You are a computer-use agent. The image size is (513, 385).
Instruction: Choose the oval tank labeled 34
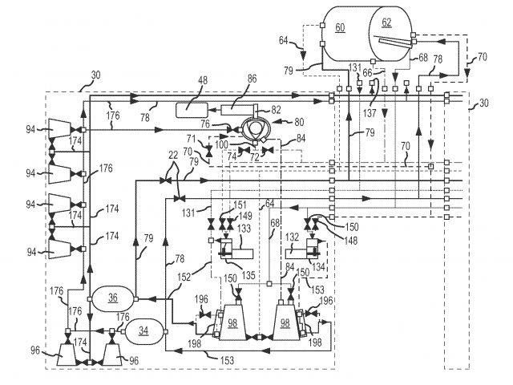pyautogui.click(x=146, y=329)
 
